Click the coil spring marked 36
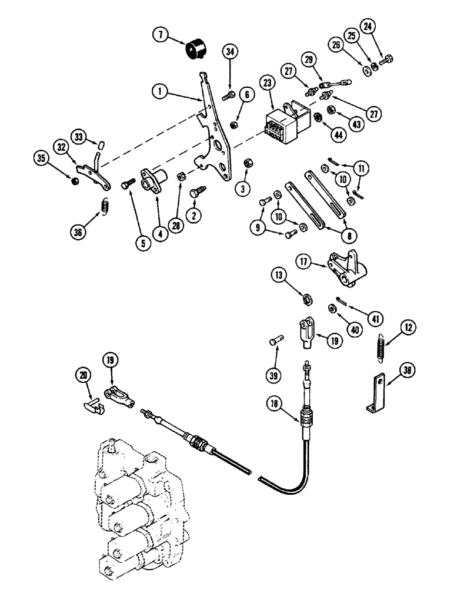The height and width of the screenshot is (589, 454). click(x=105, y=206)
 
